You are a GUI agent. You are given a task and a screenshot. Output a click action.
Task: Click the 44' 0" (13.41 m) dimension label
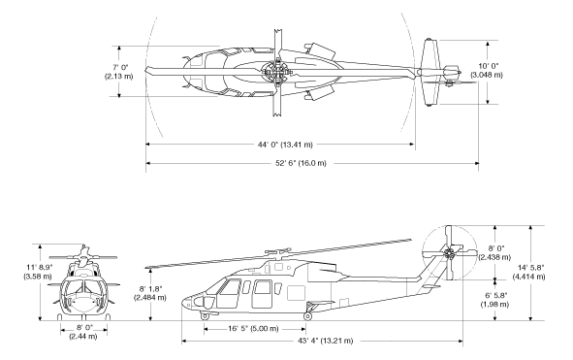click(x=285, y=145)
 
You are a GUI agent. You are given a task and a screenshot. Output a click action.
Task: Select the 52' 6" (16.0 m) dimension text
click(x=301, y=163)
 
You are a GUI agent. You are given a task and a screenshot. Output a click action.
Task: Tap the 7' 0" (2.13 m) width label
click(x=119, y=72)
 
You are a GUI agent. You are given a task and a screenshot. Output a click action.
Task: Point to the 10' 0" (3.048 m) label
click(x=487, y=71)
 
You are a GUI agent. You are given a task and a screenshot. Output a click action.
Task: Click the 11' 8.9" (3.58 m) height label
click(x=38, y=272)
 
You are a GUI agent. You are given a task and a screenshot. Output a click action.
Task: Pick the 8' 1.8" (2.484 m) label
click(x=150, y=293)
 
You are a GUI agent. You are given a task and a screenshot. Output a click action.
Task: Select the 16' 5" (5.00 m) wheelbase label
click(x=253, y=329)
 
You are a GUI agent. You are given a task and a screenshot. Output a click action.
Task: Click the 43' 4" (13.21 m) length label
click(x=325, y=341)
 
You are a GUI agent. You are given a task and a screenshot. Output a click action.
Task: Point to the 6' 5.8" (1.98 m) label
click(x=494, y=300)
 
